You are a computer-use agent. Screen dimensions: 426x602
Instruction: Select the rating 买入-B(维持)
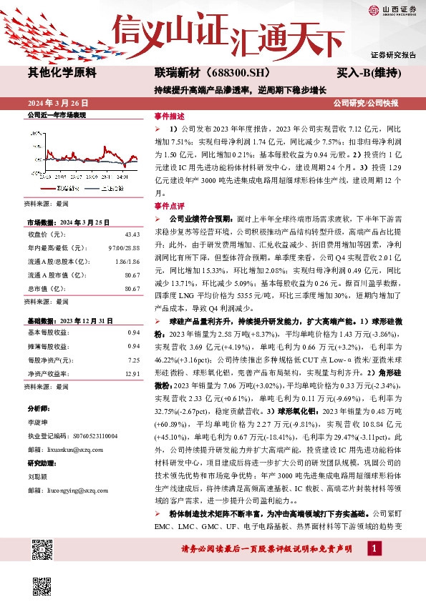(x=368, y=72)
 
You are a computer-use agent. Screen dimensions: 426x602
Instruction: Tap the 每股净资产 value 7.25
(x=133, y=360)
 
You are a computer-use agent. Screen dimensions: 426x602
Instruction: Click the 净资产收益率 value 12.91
(x=132, y=373)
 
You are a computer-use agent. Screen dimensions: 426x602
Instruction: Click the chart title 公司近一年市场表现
(x=56, y=114)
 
